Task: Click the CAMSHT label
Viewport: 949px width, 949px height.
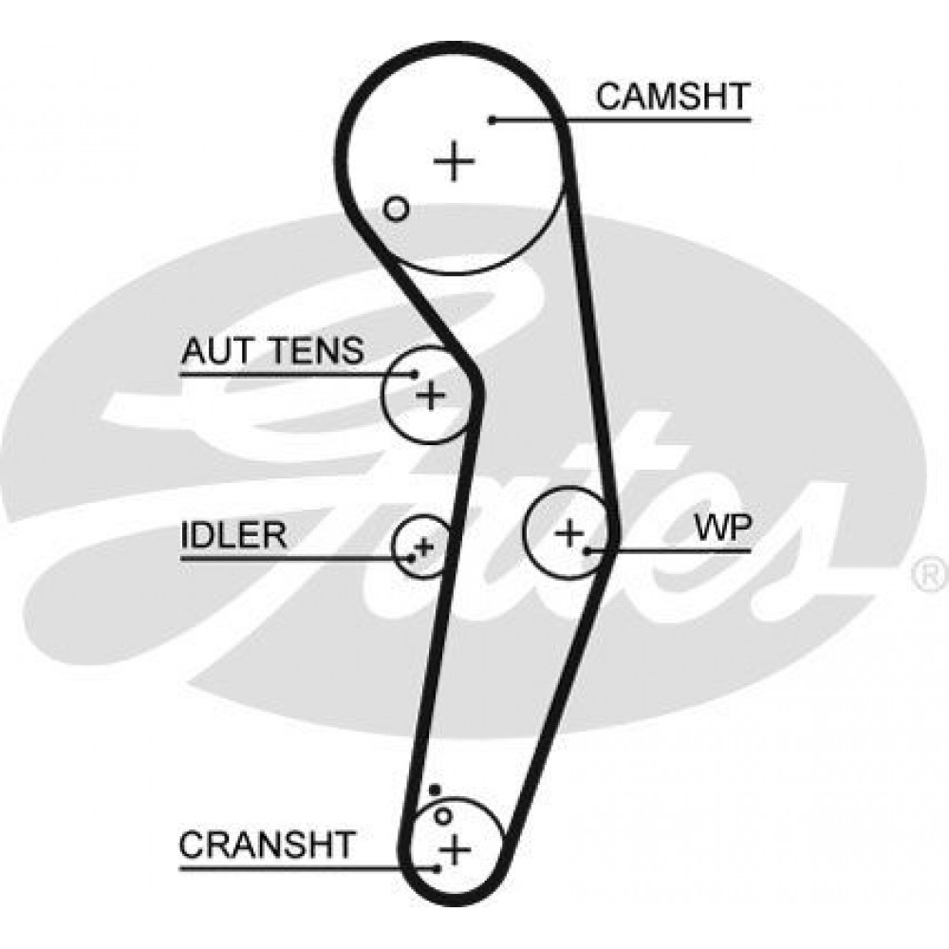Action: tap(673, 97)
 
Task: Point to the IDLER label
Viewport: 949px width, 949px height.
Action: tap(233, 536)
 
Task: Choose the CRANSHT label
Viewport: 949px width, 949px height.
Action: tap(268, 844)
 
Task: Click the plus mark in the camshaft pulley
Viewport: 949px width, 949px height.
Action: tap(455, 161)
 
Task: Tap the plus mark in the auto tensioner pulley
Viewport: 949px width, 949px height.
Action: tap(432, 393)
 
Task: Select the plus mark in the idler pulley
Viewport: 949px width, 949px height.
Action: tap(424, 546)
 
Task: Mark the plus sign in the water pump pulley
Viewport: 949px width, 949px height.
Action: tap(569, 532)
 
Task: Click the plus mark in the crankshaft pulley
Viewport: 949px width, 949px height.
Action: tap(456, 847)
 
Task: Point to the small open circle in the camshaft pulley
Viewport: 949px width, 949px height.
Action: tap(397, 209)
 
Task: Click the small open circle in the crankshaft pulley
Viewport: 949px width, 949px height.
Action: tap(443, 815)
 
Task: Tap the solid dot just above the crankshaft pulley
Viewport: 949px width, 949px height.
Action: tap(435, 790)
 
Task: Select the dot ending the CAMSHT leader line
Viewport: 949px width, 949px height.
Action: tap(493, 120)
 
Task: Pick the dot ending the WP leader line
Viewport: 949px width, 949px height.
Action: tap(588, 549)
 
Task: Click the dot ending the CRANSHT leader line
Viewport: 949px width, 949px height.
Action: tap(436, 867)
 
